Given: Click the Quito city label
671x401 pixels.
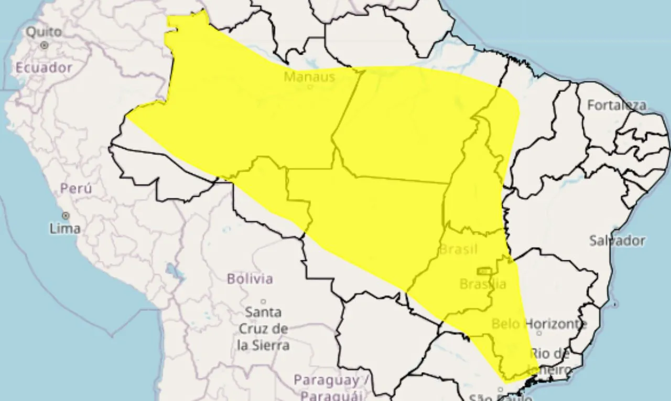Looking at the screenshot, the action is [44, 32].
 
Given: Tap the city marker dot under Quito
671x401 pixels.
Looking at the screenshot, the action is [44, 46].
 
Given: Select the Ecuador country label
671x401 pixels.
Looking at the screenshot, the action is [44, 68].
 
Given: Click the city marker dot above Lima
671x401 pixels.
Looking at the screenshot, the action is [66, 216].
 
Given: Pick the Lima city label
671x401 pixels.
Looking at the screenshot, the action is [65, 228].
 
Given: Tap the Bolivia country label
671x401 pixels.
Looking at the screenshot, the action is [250, 278].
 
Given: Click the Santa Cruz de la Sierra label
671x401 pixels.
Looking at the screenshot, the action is [263, 329].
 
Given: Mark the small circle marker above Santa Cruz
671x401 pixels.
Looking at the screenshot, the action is [263, 301].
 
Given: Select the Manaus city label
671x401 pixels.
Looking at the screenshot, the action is [309, 77].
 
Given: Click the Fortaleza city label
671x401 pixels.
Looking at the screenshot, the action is [616, 105].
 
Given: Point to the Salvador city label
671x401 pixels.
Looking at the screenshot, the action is [617, 241].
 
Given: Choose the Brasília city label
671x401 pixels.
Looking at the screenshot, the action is [483, 284].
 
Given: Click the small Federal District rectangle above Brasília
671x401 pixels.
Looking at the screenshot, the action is [484, 271].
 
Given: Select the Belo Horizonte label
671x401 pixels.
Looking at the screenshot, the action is [539, 323].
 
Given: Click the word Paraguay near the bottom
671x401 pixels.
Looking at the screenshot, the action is [326, 380].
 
